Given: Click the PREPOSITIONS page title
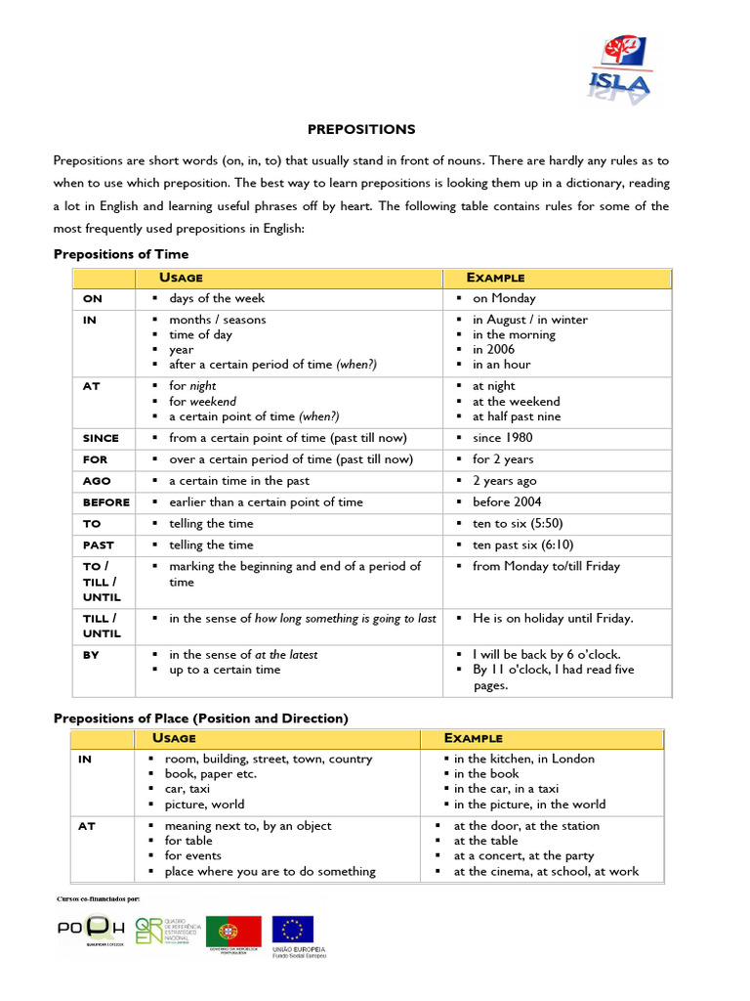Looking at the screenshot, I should (361, 129).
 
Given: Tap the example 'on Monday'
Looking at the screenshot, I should (504, 299).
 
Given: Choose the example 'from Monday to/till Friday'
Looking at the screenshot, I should (546, 567).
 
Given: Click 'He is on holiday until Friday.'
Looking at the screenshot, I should (553, 618).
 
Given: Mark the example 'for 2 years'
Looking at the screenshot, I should (503, 459).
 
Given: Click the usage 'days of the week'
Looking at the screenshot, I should (217, 299).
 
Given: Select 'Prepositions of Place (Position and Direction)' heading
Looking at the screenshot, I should (200, 718).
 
